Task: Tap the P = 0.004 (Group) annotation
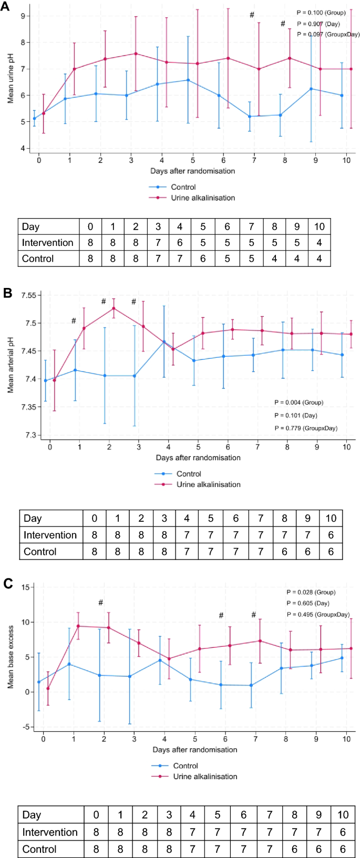[299, 402]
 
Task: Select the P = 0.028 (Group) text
[311, 592]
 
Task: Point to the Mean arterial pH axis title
[11, 363]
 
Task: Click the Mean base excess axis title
[11, 657]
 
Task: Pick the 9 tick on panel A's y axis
[23, 16]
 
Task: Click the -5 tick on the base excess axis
[25, 727]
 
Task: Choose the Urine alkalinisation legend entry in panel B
[208, 484]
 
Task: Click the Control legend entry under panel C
[186, 766]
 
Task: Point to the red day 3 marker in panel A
[136, 54]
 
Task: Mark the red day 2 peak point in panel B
[114, 308]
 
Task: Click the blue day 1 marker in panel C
[69, 664]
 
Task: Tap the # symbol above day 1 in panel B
[74, 321]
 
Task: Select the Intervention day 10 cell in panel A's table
[319, 243]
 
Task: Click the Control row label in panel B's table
[40, 552]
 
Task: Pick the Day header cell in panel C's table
[32, 815]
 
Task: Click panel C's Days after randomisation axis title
[194, 750]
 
